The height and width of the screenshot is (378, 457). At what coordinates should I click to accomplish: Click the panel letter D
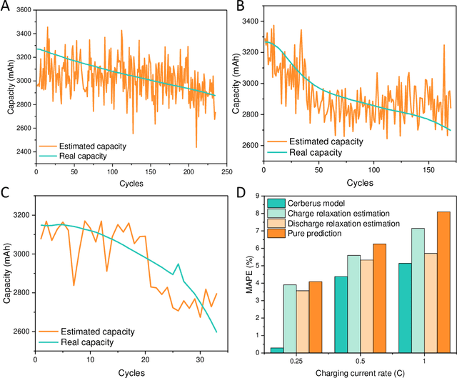241,193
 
